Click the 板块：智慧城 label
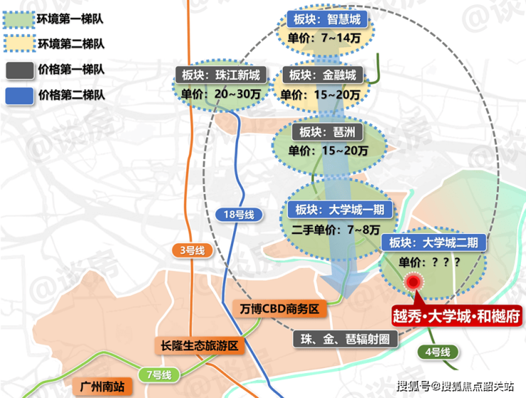click(x=327, y=19)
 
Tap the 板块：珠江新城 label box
click(x=221, y=75)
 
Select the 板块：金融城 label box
click(x=323, y=75)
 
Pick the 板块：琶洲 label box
click(x=328, y=132)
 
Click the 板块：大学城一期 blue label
click(x=340, y=210)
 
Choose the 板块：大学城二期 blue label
click(x=434, y=242)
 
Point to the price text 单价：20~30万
click(x=221, y=95)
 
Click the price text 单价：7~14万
click(x=324, y=38)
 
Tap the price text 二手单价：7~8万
click(x=336, y=230)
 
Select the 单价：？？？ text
click(x=429, y=262)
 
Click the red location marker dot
click(x=413, y=282)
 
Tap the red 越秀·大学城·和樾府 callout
click(x=457, y=316)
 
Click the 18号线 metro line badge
click(x=239, y=215)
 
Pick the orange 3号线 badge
click(x=193, y=250)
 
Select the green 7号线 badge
click(x=159, y=375)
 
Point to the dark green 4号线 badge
click(x=438, y=352)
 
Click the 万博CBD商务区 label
click(x=279, y=309)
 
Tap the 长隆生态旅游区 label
click(x=199, y=345)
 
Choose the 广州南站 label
click(x=102, y=386)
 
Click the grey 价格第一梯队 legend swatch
click(x=19, y=70)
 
